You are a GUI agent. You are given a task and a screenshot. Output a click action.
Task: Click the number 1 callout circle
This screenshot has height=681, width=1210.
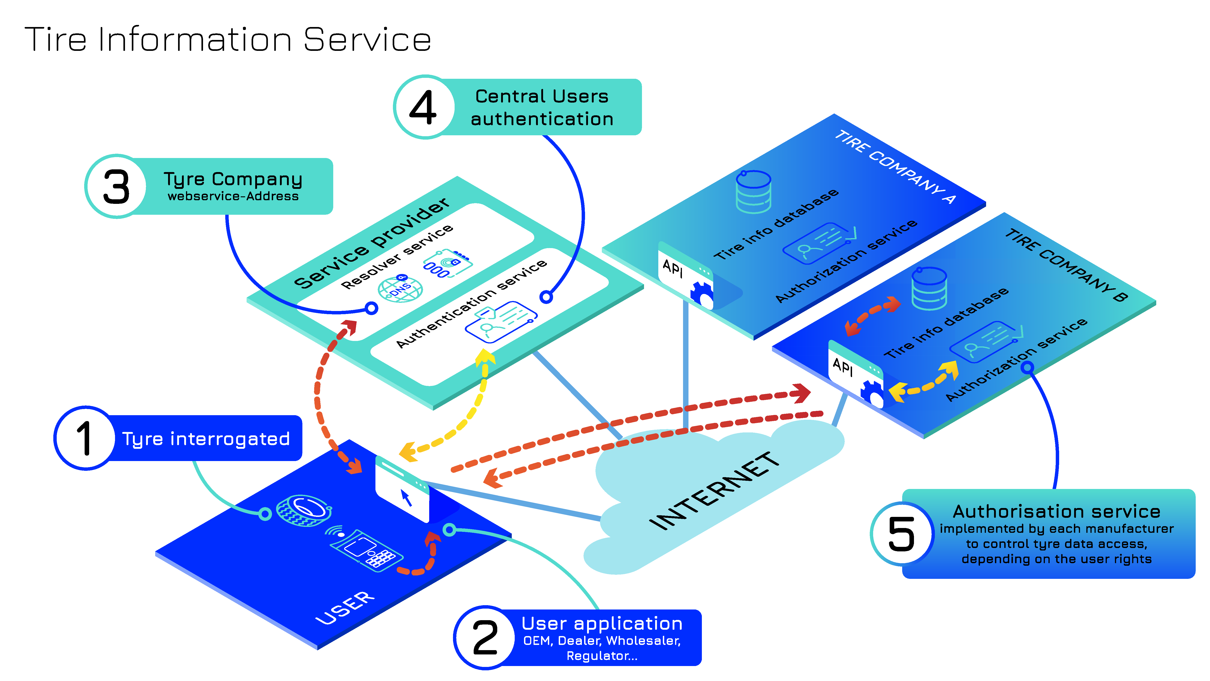85,438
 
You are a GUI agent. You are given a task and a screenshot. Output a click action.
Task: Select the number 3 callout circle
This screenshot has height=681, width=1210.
116,187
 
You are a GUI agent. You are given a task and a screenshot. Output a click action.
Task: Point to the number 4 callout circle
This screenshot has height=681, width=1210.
424,107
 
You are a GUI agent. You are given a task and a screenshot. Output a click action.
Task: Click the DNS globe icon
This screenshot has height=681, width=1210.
400,289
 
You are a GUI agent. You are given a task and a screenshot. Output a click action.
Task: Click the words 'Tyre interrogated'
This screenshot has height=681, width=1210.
206,439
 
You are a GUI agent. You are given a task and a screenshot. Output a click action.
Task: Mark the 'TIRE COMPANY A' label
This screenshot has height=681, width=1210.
895,167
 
